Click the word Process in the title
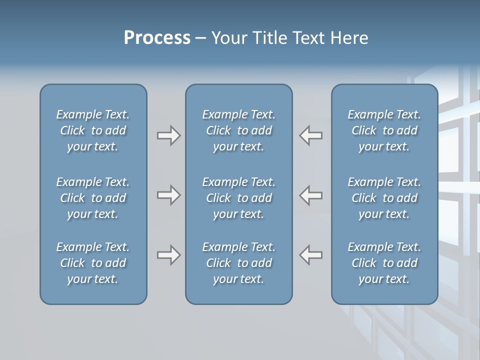pos(157,38)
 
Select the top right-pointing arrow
pos(168,135)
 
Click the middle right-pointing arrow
pos(168,195)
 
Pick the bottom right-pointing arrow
pos(168,255)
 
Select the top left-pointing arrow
pos(311,135)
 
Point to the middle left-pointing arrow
pos(311,195)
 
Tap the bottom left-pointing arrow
pos(311,255)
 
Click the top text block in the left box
pos(93,130)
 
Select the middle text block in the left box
pos(93,198)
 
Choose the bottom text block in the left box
pos(93,263)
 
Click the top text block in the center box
pos(238,130)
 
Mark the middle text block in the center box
pos(238,198)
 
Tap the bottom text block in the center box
pos(238,263)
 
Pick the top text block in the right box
pos(384,130)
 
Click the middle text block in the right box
pos(384,198)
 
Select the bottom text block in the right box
pos(384,263)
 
